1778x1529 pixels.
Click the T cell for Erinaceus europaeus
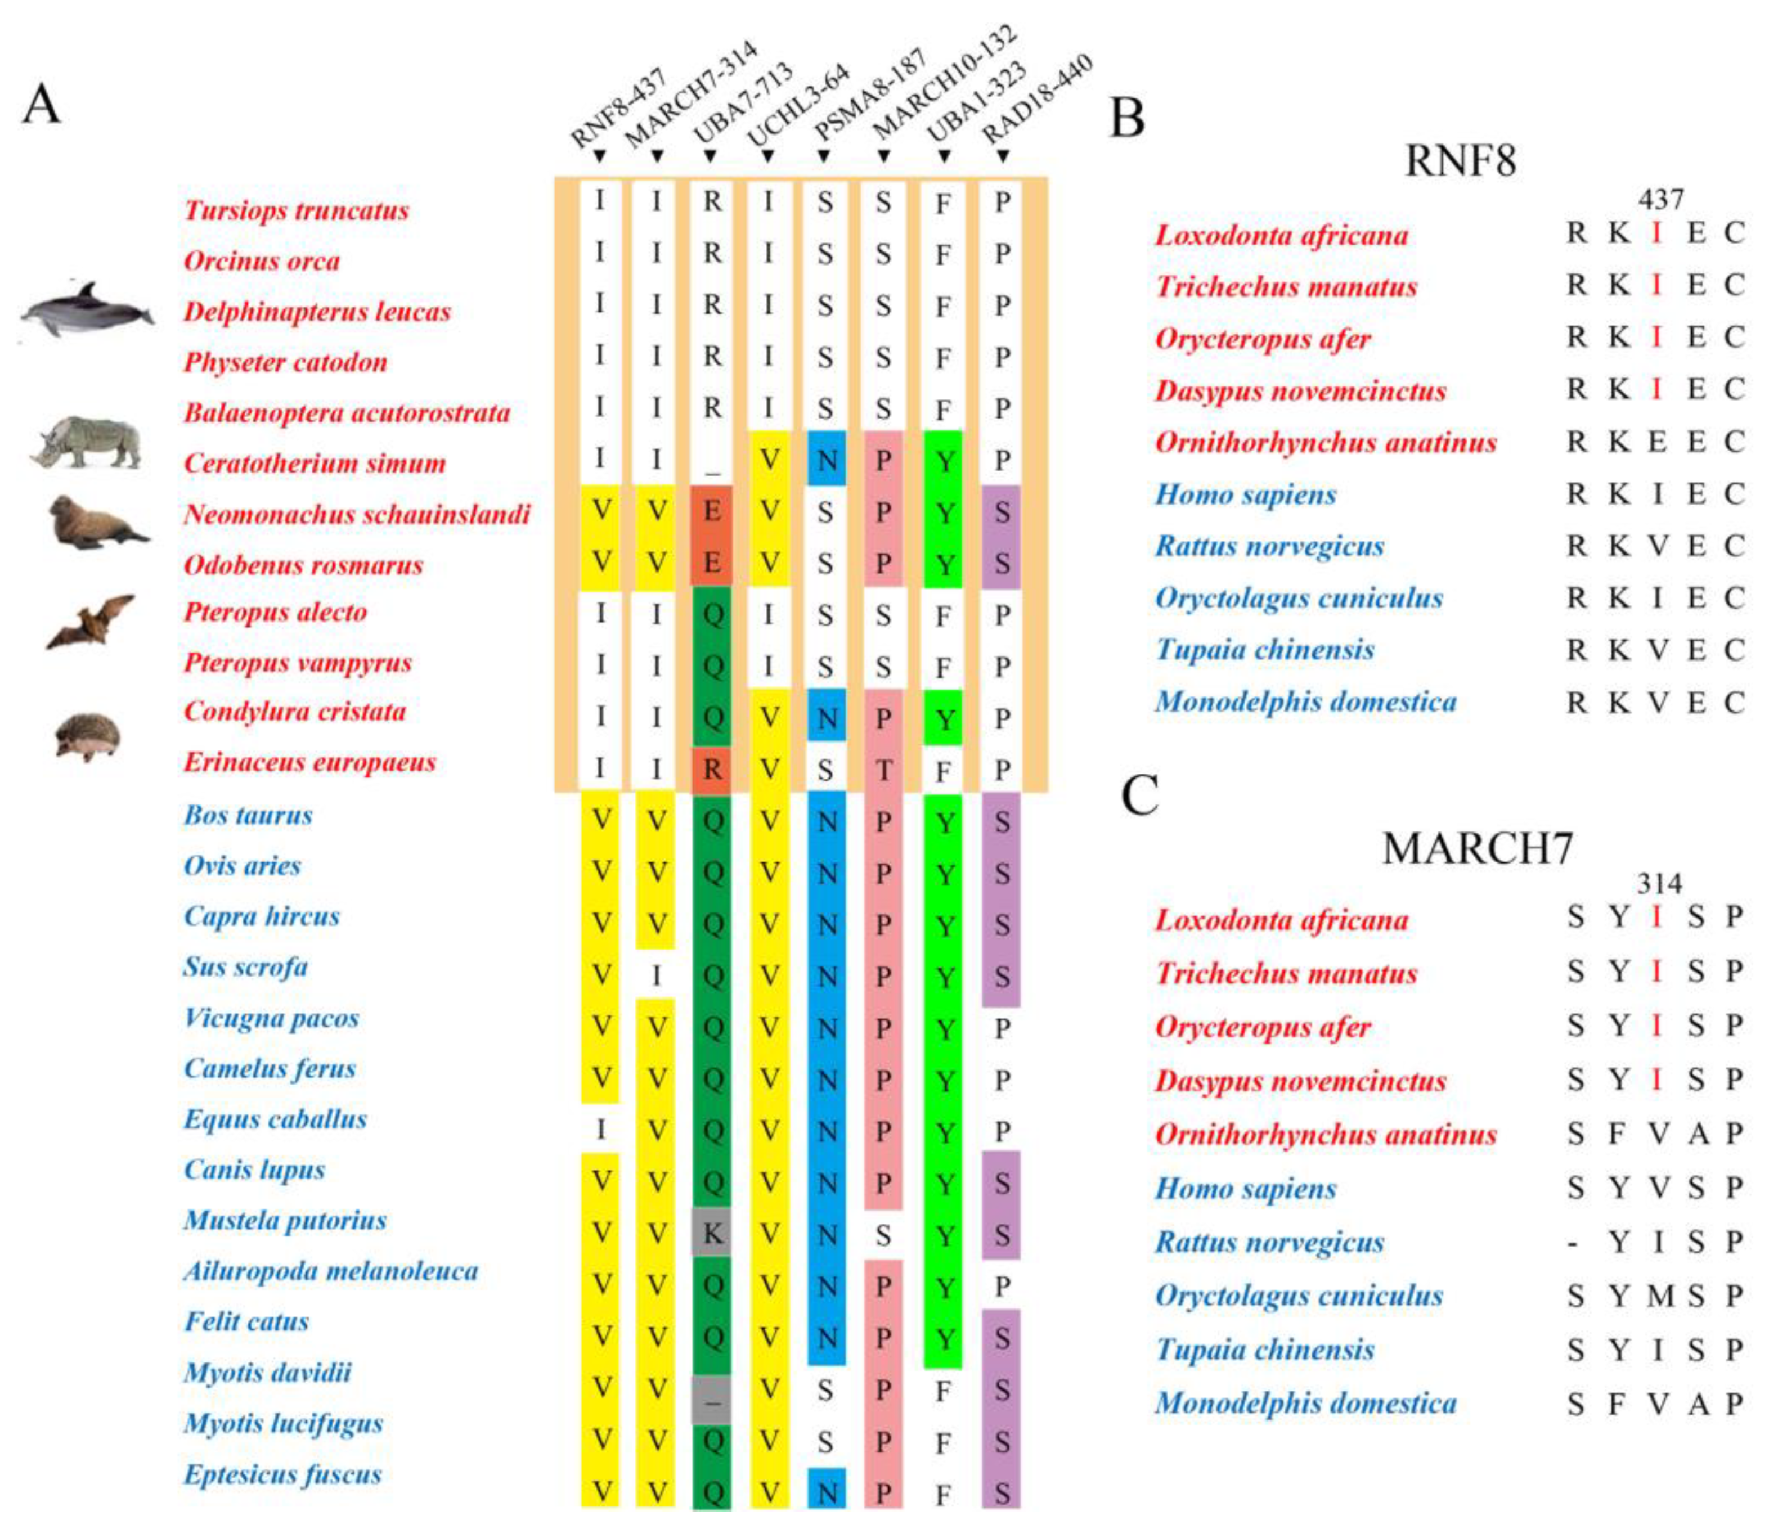[883, 770]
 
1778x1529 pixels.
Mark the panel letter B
[1126, 118]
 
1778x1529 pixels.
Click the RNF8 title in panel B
[1460, 160]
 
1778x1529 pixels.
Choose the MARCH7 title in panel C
[1477, 848]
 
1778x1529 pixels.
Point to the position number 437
[1660, 200]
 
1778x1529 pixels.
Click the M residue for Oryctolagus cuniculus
[1660, 1296]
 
